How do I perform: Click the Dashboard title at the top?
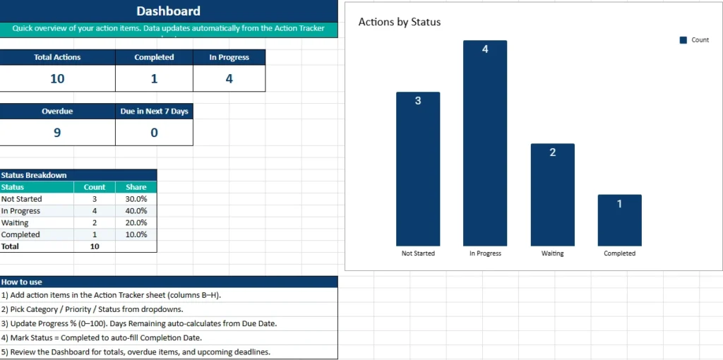pos(168,11)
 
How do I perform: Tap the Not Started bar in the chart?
pos(418,169)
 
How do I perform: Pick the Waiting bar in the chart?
pos(552,194)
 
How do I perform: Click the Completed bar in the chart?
pos(619,220)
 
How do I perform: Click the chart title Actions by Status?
pos(400,22)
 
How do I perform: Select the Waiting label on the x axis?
pos(552,253)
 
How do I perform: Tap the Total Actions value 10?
pos(57,78)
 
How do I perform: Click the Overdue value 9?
pos(57,132)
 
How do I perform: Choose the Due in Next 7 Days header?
pos(154,112)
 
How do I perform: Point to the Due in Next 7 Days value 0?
pos(154,132)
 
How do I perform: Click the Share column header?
pos(136,187)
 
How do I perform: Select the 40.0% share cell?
pos(136,211)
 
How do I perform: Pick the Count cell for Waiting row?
pos(95,223)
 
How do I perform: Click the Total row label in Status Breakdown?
pos(11,246)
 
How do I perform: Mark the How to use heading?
pos(22,282)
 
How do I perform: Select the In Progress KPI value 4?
pos(229,78)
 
